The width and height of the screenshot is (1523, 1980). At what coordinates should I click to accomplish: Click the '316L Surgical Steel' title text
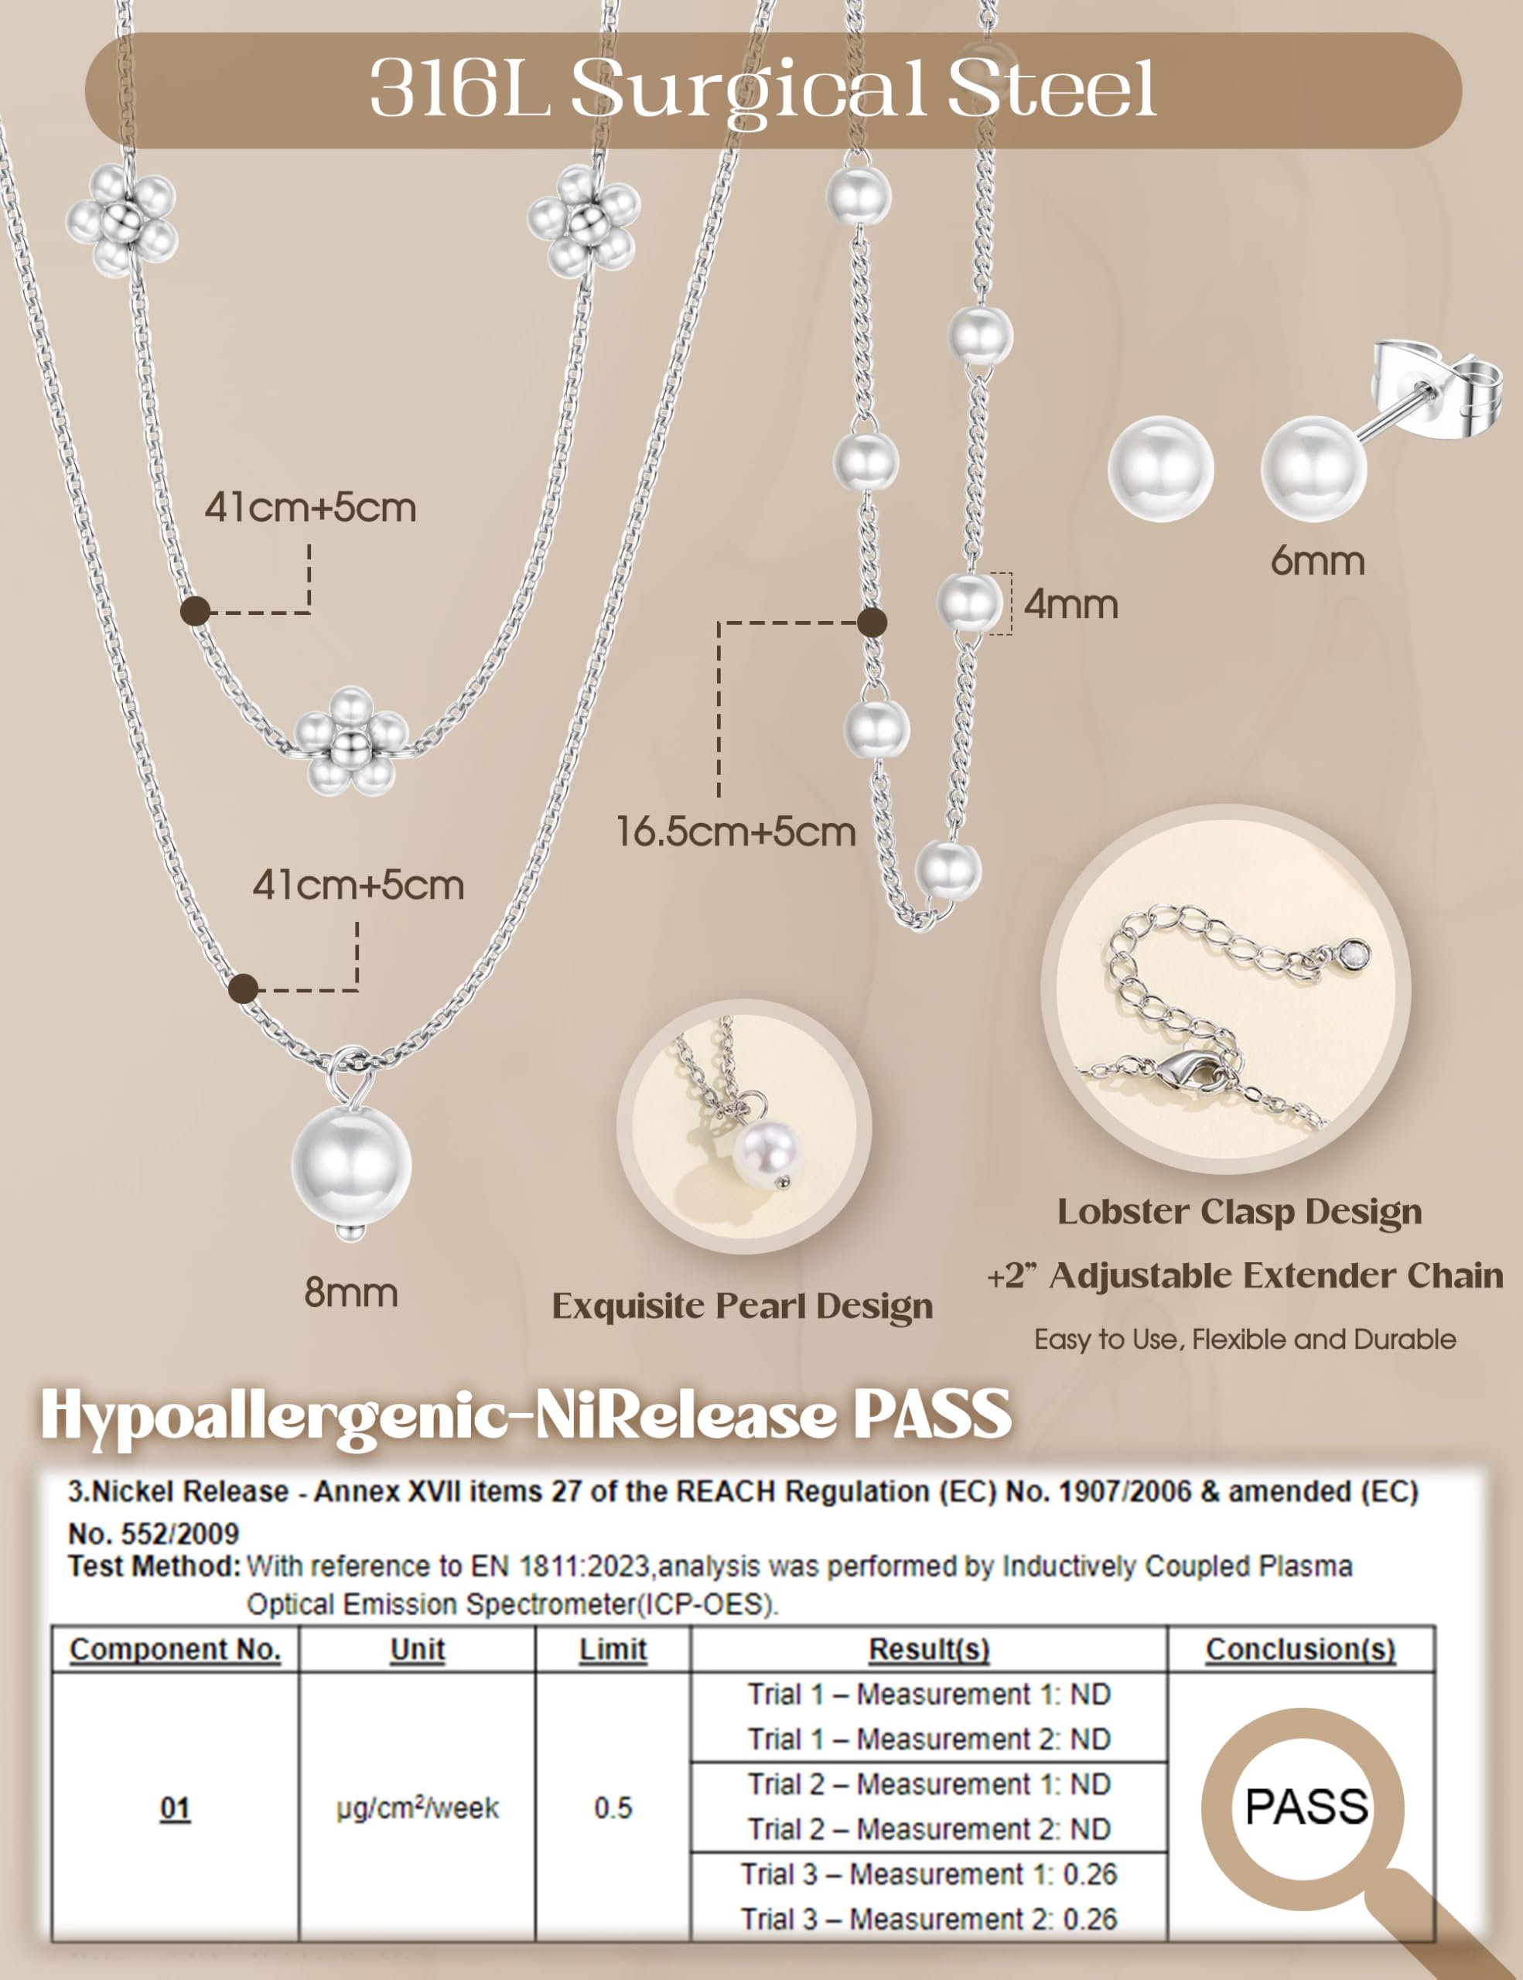(763, 88)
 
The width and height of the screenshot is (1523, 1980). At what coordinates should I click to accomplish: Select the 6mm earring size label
(1317, 562)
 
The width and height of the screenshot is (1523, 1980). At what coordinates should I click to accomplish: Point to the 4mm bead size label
(1071, 605)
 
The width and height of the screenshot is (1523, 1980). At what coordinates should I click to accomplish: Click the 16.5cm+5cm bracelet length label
(736, 831)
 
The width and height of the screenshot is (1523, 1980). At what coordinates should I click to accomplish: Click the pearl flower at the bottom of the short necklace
(351, 742)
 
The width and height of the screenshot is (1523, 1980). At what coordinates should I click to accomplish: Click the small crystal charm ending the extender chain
(1354, 954)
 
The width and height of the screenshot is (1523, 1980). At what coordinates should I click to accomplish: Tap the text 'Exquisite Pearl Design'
(743, 1306)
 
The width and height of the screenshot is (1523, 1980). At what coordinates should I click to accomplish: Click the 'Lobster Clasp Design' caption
(1239, 1212)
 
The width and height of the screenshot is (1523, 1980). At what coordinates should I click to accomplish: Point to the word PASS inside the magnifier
(1306, 1806)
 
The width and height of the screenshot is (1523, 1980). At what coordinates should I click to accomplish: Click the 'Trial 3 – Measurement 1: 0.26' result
(929, 1874)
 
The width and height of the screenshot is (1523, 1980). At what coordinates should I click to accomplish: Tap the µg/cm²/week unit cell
(417, 1808)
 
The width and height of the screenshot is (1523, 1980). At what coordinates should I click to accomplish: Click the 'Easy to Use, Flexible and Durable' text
(1245, 1340)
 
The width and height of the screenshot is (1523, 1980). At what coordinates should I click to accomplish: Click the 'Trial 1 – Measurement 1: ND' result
(929, 1695)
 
